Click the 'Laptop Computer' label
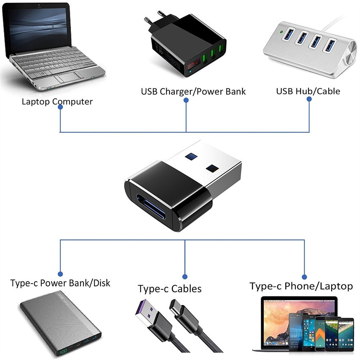[57, 101]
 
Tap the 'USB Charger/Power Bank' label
[193, 91]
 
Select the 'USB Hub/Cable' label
[308, 91]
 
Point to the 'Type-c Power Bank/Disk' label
[60, 283]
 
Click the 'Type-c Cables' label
[170, 289]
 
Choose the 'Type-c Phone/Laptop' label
[301, 286]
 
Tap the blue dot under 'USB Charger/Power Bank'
[186, 101]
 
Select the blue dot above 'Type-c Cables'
[185, 276]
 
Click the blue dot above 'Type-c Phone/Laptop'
[304, 276]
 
